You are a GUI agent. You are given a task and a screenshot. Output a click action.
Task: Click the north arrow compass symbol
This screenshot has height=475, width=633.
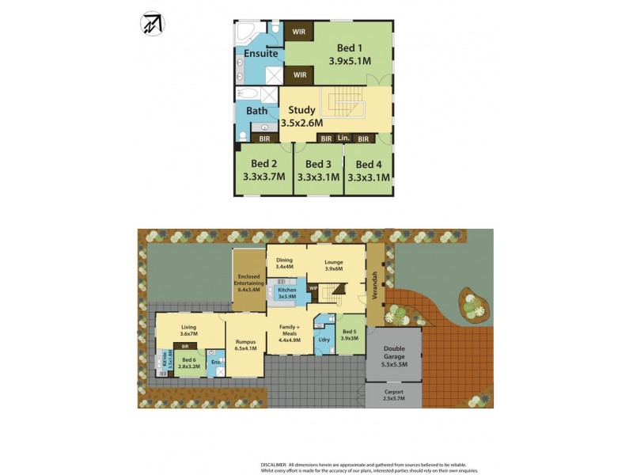(152, 25)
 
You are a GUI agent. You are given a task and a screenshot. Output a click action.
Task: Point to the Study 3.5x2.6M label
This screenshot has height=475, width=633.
(301, 116)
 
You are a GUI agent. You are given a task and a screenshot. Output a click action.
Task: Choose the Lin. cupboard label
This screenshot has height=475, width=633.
(343, 139)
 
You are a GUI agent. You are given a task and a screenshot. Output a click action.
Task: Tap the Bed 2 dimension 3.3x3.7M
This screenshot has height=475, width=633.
(263, 177)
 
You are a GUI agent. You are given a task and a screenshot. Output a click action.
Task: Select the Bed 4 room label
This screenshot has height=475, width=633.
(369, 165)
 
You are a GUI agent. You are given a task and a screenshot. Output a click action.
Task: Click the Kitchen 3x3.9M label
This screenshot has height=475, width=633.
(286, 293)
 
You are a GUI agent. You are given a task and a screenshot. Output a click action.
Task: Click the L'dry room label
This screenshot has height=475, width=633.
(323, 340)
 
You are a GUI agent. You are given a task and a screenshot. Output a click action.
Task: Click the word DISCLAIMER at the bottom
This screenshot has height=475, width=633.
(279, 465)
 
